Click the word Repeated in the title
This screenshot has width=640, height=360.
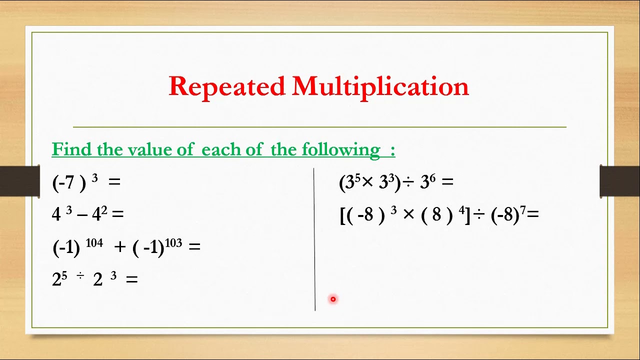(226, 86)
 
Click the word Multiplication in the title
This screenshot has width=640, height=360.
(380, 86)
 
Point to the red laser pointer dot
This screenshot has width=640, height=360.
(333, 299)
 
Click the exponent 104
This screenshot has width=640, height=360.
(94, 243)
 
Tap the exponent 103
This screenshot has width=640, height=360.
(173, 243)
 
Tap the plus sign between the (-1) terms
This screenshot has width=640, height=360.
(119, 247)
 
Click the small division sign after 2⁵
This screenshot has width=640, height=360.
(80, 275)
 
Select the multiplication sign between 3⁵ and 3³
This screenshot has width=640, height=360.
(367, 182)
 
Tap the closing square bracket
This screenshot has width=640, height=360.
(467, 215)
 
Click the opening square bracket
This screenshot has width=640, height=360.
(342, 215)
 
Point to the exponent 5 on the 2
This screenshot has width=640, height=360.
(64, 275)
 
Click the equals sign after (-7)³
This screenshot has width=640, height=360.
(114, 182)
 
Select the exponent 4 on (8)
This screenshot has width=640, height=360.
(461, 210)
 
